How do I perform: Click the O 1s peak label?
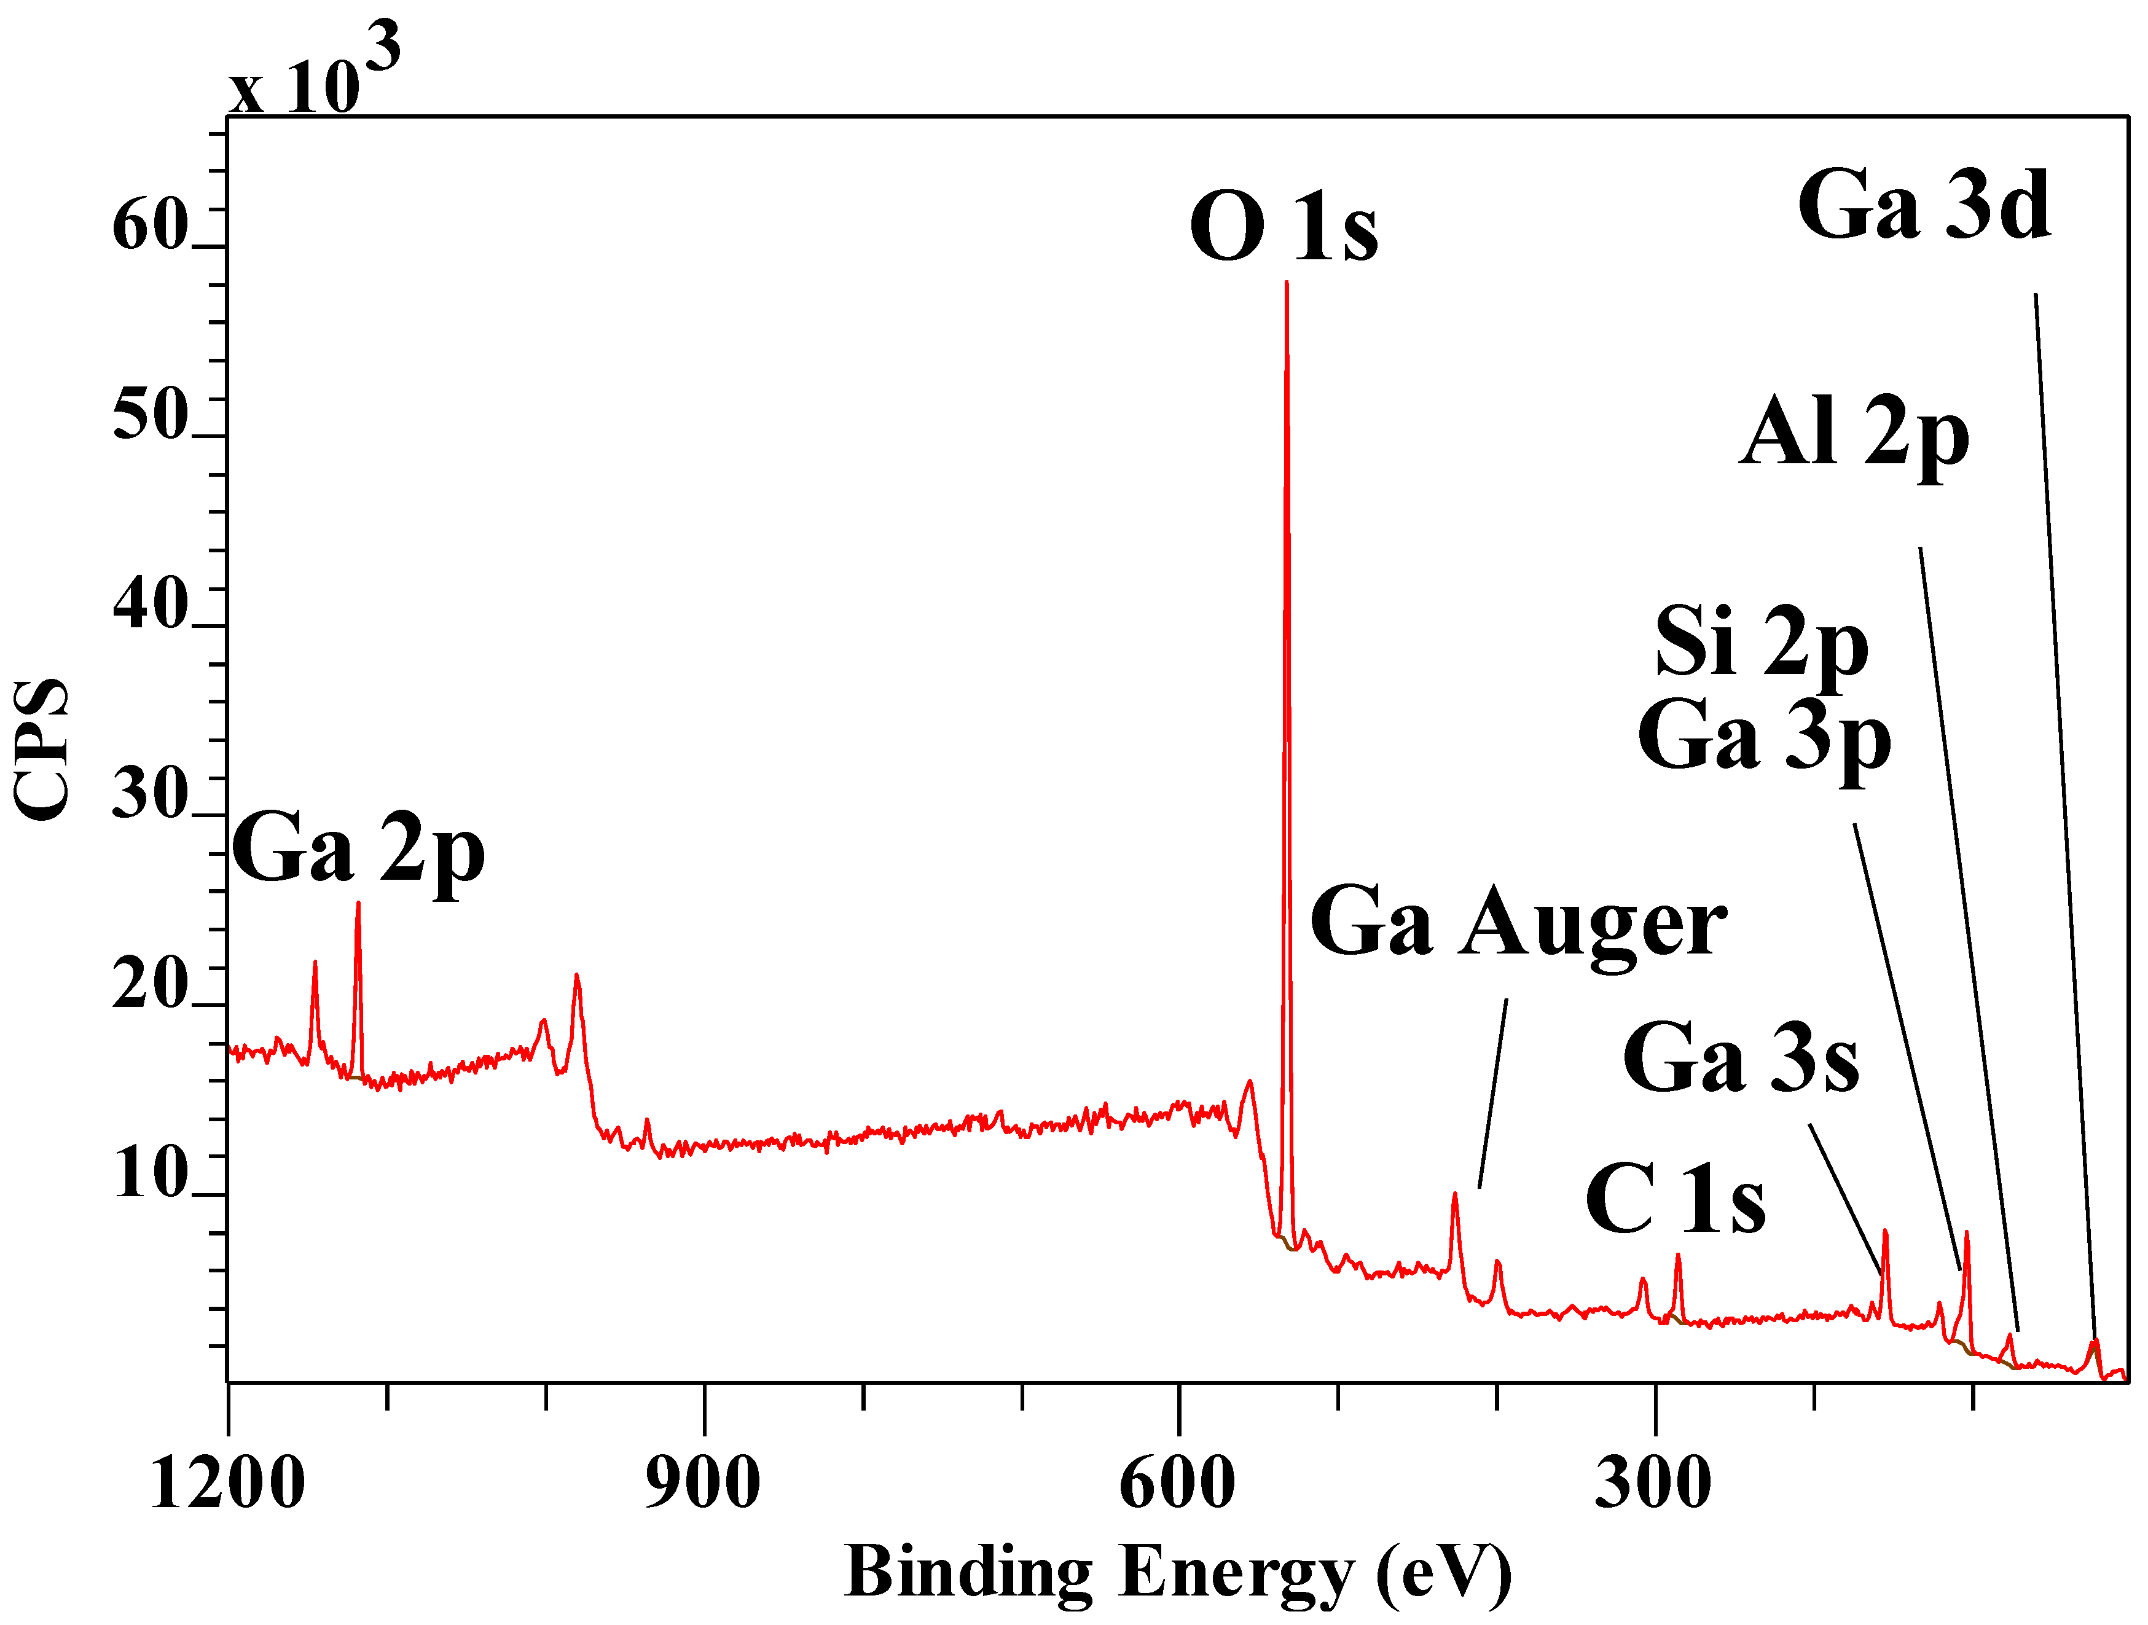point(1283,227)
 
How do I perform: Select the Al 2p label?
point(1853,434)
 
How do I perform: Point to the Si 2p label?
point(1762,643)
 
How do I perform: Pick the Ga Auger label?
point(1518,924)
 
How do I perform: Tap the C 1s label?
point(1675,1202)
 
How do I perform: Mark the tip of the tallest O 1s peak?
point(1287,283)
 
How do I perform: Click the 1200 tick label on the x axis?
point(227,1484)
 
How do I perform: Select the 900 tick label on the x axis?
point(703,1484)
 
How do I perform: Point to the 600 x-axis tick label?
point(1178,1484)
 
